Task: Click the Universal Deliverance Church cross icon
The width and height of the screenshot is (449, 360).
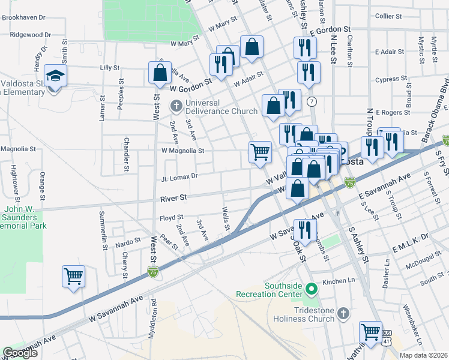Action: [176, 107]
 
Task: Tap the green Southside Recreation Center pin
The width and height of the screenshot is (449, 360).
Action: [311, 290]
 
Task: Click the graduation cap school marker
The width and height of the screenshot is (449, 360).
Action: [55, 77]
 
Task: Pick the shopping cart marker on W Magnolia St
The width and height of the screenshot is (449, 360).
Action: [260, 152]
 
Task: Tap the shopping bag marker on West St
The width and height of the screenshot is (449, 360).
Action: [160, 74]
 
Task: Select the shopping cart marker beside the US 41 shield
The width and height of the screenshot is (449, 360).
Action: [370, 332]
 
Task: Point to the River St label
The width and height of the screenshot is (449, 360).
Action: [173, 197]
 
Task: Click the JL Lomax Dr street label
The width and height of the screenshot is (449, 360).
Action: [179, 177]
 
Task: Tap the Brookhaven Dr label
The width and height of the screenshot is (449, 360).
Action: [24, 18]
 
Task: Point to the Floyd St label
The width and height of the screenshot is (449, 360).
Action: [171, 218]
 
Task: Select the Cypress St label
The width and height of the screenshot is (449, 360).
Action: [391, 79]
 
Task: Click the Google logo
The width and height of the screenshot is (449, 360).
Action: [20, 353]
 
